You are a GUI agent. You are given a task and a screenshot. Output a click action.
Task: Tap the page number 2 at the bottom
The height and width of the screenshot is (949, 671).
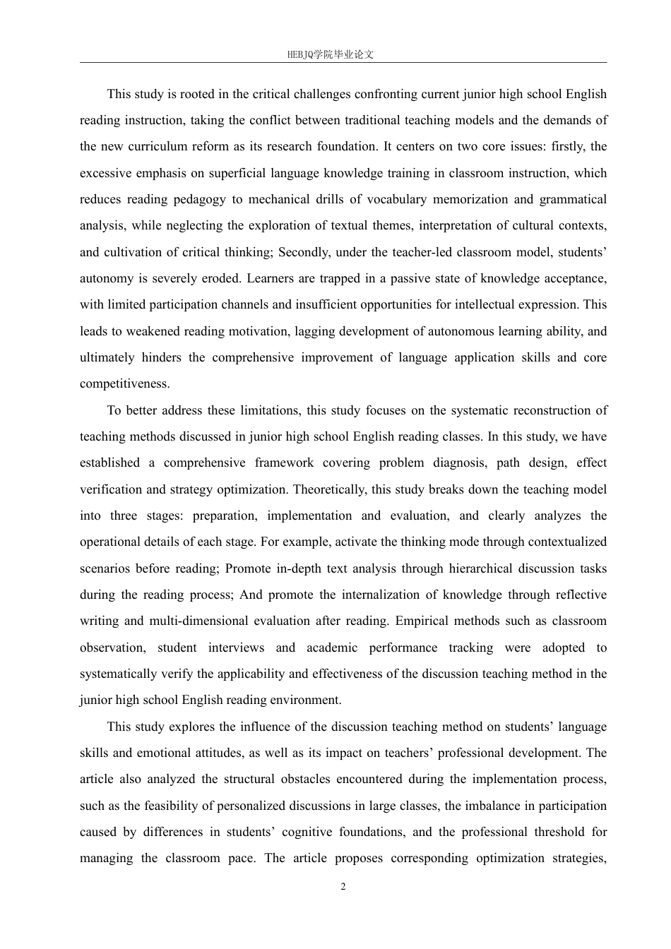point(343,887)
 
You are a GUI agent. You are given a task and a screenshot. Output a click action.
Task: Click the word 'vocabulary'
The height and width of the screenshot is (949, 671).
point(395,199)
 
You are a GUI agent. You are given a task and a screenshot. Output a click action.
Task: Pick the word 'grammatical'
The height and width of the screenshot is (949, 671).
point(573,199)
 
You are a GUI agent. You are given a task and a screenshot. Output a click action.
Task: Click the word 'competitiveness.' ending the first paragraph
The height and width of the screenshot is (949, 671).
point(125,384)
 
